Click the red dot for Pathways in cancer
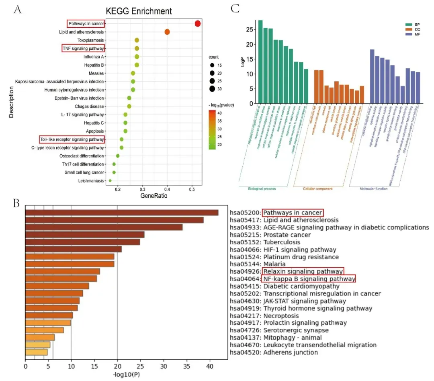point(198,24)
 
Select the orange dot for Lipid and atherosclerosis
point(167,32)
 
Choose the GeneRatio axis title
point(154,197)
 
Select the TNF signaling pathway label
point(83,49)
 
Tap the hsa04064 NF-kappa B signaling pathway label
point(309,279)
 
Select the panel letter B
point(16,203)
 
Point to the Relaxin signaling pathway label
point(303,271)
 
